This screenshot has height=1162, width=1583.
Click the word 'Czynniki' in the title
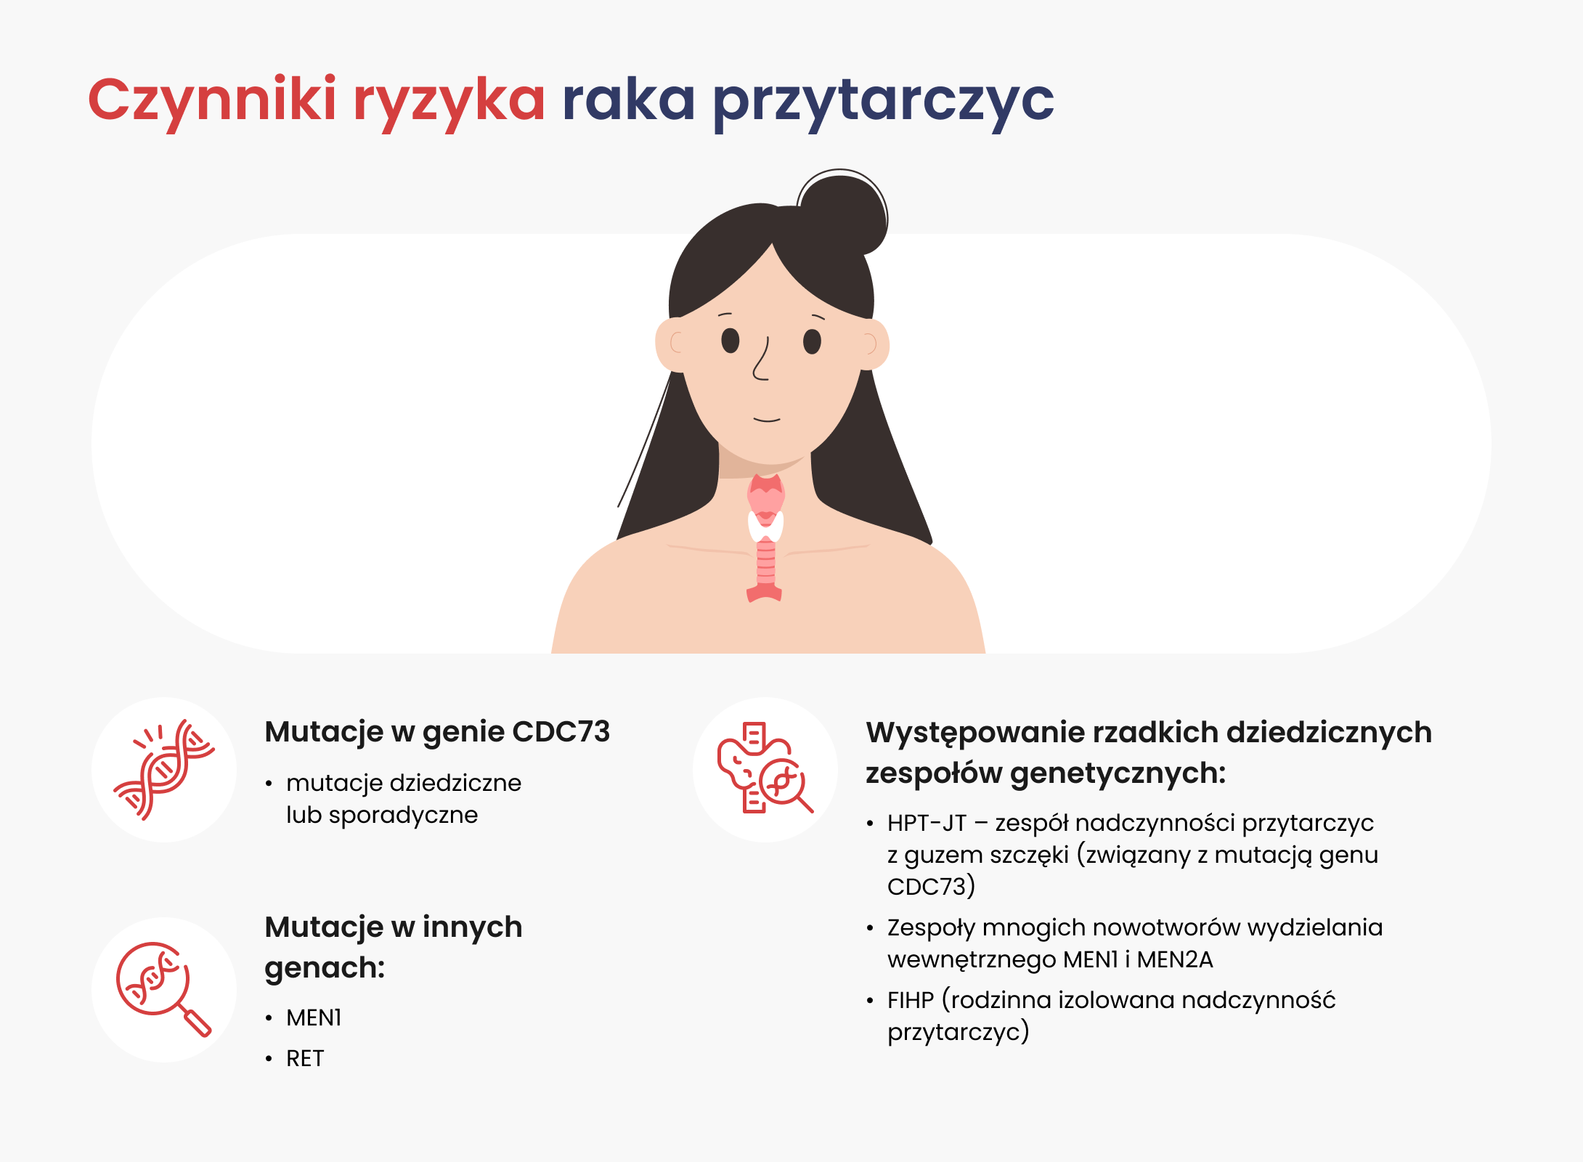click(x=212, y=102)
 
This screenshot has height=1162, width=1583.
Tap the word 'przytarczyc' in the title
click(x=884, y=103)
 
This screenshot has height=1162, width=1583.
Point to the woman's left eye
click(x=812, y=341)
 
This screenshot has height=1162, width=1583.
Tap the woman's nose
click(x=761, y=359)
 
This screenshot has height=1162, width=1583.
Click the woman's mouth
click(x=767, y=420)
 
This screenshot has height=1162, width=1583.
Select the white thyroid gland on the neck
click(x=766, y=527)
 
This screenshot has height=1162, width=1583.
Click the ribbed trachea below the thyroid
click(x=765, y=563)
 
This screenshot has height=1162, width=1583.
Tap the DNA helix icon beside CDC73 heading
click(x=164, y=770)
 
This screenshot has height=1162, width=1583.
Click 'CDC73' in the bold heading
click(x=561, y=732)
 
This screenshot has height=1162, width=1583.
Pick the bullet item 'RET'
click(x=305, y=1059)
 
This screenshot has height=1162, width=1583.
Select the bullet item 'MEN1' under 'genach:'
click(x=314, y=1018)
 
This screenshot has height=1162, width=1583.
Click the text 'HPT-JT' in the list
click(x=927, y=824)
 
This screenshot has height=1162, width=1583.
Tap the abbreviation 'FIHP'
click(x=910, y=1001)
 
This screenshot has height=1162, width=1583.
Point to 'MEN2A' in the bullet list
click(x=1175, y=960)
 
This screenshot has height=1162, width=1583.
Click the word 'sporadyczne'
click(x=403, y=816)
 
